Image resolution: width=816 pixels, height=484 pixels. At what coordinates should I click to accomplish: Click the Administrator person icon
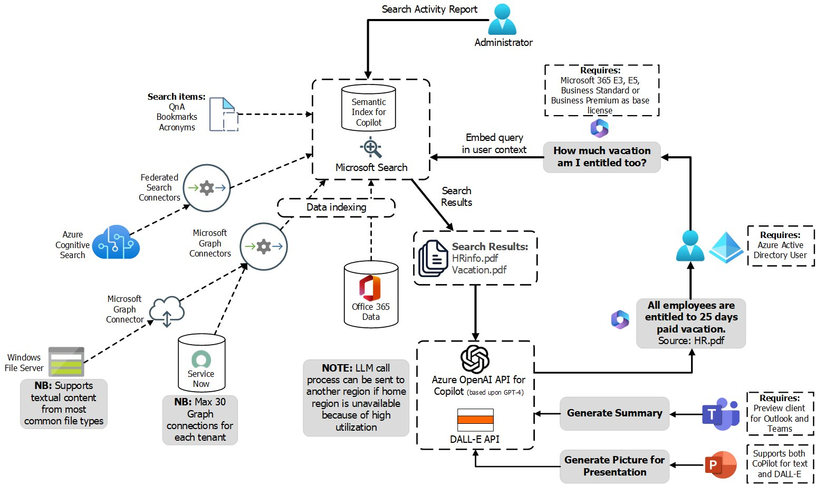click(x=502, y=20)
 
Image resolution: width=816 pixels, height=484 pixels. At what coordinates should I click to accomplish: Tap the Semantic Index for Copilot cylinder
click(x=369, y=108)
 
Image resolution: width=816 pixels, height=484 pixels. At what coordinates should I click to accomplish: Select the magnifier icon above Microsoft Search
click(x=371, y=148)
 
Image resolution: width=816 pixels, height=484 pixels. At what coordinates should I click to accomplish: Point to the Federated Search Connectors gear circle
click(x=207, y=188)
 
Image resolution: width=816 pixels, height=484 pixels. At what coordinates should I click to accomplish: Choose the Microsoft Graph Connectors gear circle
click(x=264, y=246)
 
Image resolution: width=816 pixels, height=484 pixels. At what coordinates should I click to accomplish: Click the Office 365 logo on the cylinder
click(x=370, y=288)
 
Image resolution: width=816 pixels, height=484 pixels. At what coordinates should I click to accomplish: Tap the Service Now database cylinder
click(x=201, y=364)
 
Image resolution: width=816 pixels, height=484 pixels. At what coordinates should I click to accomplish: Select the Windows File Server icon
click(x=66, y=362)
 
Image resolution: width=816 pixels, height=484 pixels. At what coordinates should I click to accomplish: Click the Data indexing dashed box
click(x=336, y=207)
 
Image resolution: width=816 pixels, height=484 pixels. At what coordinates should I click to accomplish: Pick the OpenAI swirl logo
click(x=475, y=359)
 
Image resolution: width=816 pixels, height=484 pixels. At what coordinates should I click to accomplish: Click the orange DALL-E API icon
click(x=475, y=420)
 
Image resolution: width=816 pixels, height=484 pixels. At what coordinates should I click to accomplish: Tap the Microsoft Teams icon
click(x=721, y=414)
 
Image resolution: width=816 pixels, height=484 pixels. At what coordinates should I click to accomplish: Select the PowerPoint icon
click(x=721, y=465)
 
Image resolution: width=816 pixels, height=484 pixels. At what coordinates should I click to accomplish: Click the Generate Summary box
click(x=615, y=413)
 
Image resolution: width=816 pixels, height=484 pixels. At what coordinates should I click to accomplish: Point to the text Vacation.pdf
click(x=479, y=270)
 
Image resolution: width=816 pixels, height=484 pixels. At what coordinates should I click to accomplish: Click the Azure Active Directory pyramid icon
click(x=726, y=246)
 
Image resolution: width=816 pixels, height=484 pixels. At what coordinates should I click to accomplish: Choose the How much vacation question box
click(x=602, y=157)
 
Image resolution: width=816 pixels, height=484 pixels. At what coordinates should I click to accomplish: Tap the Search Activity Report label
click(x=429, y=9)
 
